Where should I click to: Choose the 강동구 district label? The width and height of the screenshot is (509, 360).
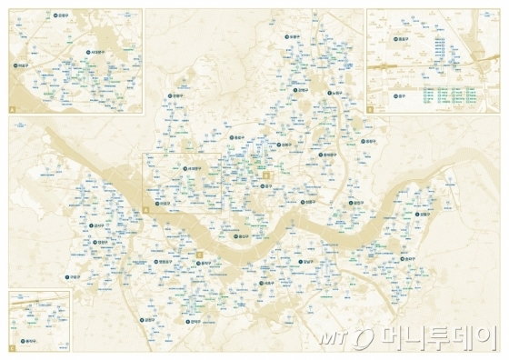(426, 215)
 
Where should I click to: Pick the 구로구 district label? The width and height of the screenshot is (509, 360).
(75, 275)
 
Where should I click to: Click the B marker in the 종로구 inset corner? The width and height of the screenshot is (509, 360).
(371, 110)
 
